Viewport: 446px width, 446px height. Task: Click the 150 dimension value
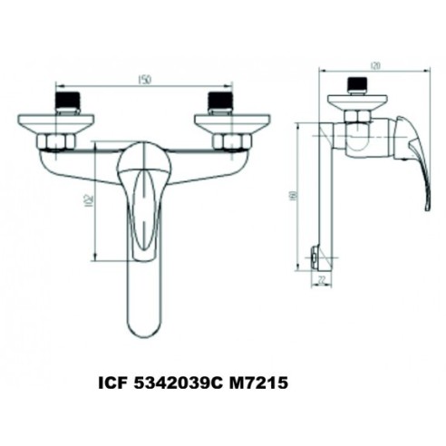coord(144,80)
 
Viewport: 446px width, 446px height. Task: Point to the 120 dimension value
coord(374,66)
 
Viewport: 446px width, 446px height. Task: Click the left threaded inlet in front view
coord(68,100)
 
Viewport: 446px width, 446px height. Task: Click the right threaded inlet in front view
coord(220,100)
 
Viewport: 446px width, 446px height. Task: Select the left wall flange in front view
coord(54,121)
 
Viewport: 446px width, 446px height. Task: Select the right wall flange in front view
coord(233,121)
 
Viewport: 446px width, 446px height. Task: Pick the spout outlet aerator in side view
coord(314,261)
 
